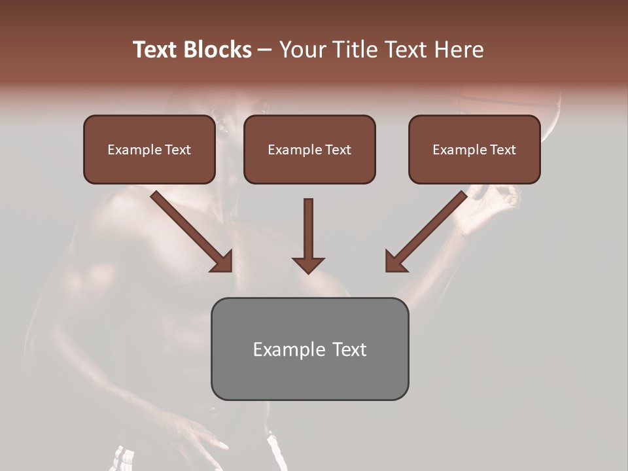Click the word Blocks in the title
217,50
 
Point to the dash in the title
266,50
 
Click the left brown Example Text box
149,149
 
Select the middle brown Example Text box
309,149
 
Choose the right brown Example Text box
474,149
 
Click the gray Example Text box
309,349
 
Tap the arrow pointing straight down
308,235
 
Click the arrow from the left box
193,232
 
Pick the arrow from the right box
425,232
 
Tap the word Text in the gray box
349,349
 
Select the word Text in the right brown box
503,150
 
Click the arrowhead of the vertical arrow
308,264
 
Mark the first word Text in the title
156,50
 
